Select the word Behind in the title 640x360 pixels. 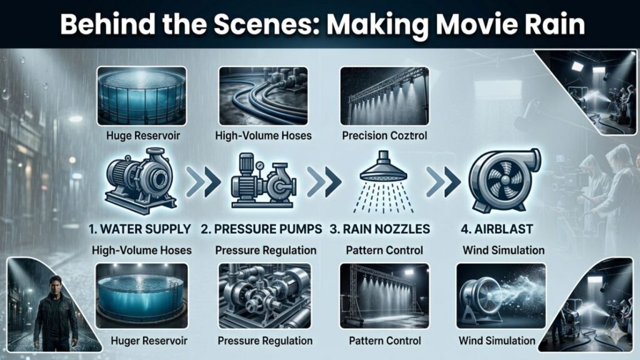[107, 24]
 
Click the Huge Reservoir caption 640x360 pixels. [143, 136]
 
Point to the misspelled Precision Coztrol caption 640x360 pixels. [384, 136]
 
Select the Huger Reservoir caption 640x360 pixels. [149, 341]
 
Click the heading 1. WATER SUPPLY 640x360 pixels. [140, 229]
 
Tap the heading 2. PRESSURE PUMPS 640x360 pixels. [261, 229]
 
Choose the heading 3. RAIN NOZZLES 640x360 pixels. [380, 229]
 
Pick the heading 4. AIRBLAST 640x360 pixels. [497, 229]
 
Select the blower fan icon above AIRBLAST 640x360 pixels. [504, 181]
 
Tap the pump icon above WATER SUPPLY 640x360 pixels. [141, 181]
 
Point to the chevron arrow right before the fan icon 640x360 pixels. [443, 181]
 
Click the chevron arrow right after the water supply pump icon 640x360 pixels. [203, 181]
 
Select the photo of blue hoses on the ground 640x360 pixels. [263, 96]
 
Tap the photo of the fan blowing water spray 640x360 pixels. [501, 296]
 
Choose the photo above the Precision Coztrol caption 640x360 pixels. [384, 96]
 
